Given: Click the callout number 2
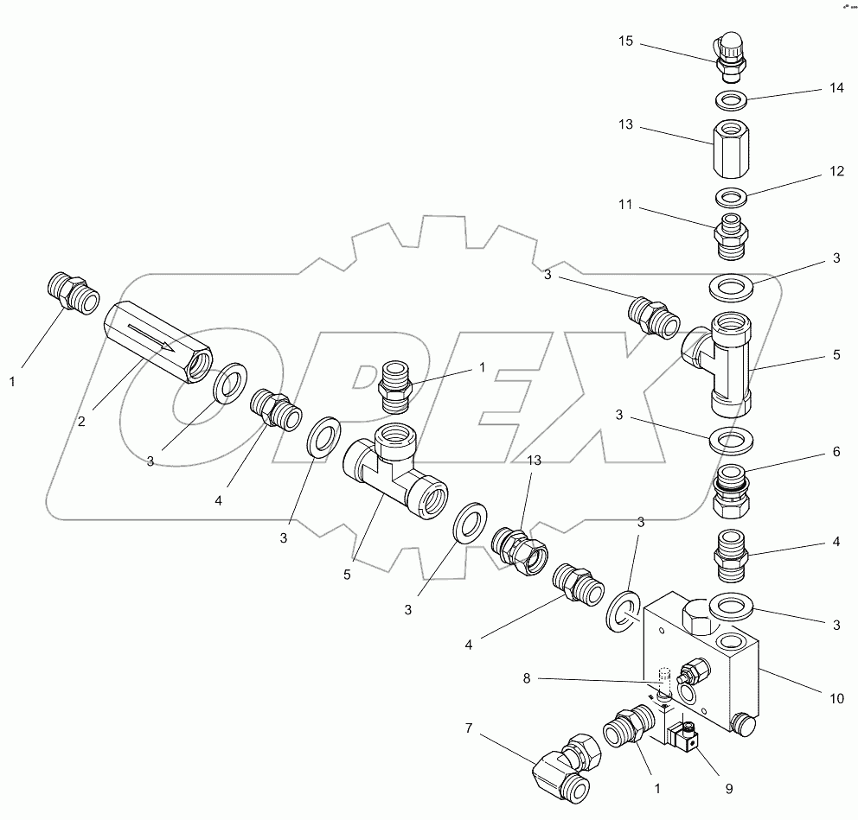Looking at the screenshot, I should [x=80, y=422].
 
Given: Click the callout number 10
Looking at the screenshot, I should [x=835, y=698].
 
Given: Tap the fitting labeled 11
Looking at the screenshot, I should [x=730, y=233].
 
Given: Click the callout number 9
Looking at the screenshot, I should [x=728, y=788].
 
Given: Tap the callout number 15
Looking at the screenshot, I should [x=626, y=41].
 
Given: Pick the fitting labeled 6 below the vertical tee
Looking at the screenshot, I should [x=731, y=491].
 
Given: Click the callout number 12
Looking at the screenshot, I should [x=835, y=171].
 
